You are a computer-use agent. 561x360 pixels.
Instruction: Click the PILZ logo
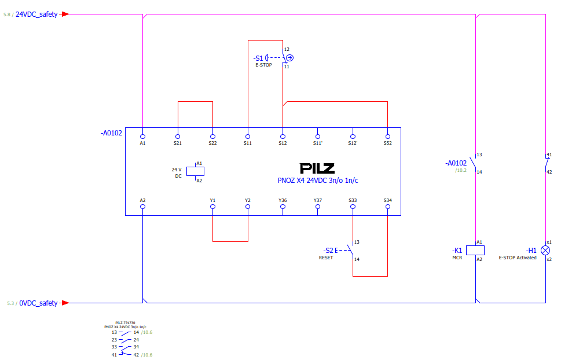coord(317,168)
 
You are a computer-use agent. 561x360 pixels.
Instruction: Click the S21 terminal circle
coord(178,137)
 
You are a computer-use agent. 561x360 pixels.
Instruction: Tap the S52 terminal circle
coord(387,137)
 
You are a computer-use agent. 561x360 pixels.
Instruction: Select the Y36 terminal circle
coord(283,207)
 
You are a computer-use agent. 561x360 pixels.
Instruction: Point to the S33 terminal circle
coord(353,207)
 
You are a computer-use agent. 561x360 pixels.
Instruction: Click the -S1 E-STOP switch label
coord(263,61)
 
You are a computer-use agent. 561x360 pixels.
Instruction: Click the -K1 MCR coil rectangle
coord(475,250)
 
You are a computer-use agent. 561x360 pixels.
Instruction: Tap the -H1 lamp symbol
coord(545,251)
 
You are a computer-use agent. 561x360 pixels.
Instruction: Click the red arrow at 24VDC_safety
coord(64,14)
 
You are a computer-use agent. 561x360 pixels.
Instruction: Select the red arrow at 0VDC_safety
coord(64,303)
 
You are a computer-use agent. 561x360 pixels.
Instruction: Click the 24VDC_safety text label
coord(36,14)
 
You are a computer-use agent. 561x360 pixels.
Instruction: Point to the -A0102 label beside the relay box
coord(111,133)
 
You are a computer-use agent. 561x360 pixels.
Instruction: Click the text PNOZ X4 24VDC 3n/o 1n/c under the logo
coord(318,181)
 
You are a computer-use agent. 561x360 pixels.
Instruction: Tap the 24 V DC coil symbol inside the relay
coord(195,171)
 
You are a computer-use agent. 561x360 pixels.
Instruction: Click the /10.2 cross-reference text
coord(461,170)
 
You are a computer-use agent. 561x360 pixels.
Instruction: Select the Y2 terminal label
coord(248,200)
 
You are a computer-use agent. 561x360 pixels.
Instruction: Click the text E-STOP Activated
coord(518,258)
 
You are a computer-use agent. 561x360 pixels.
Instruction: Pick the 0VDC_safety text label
coord(38,303)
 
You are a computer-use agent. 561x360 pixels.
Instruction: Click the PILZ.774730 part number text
coord(125,323)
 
